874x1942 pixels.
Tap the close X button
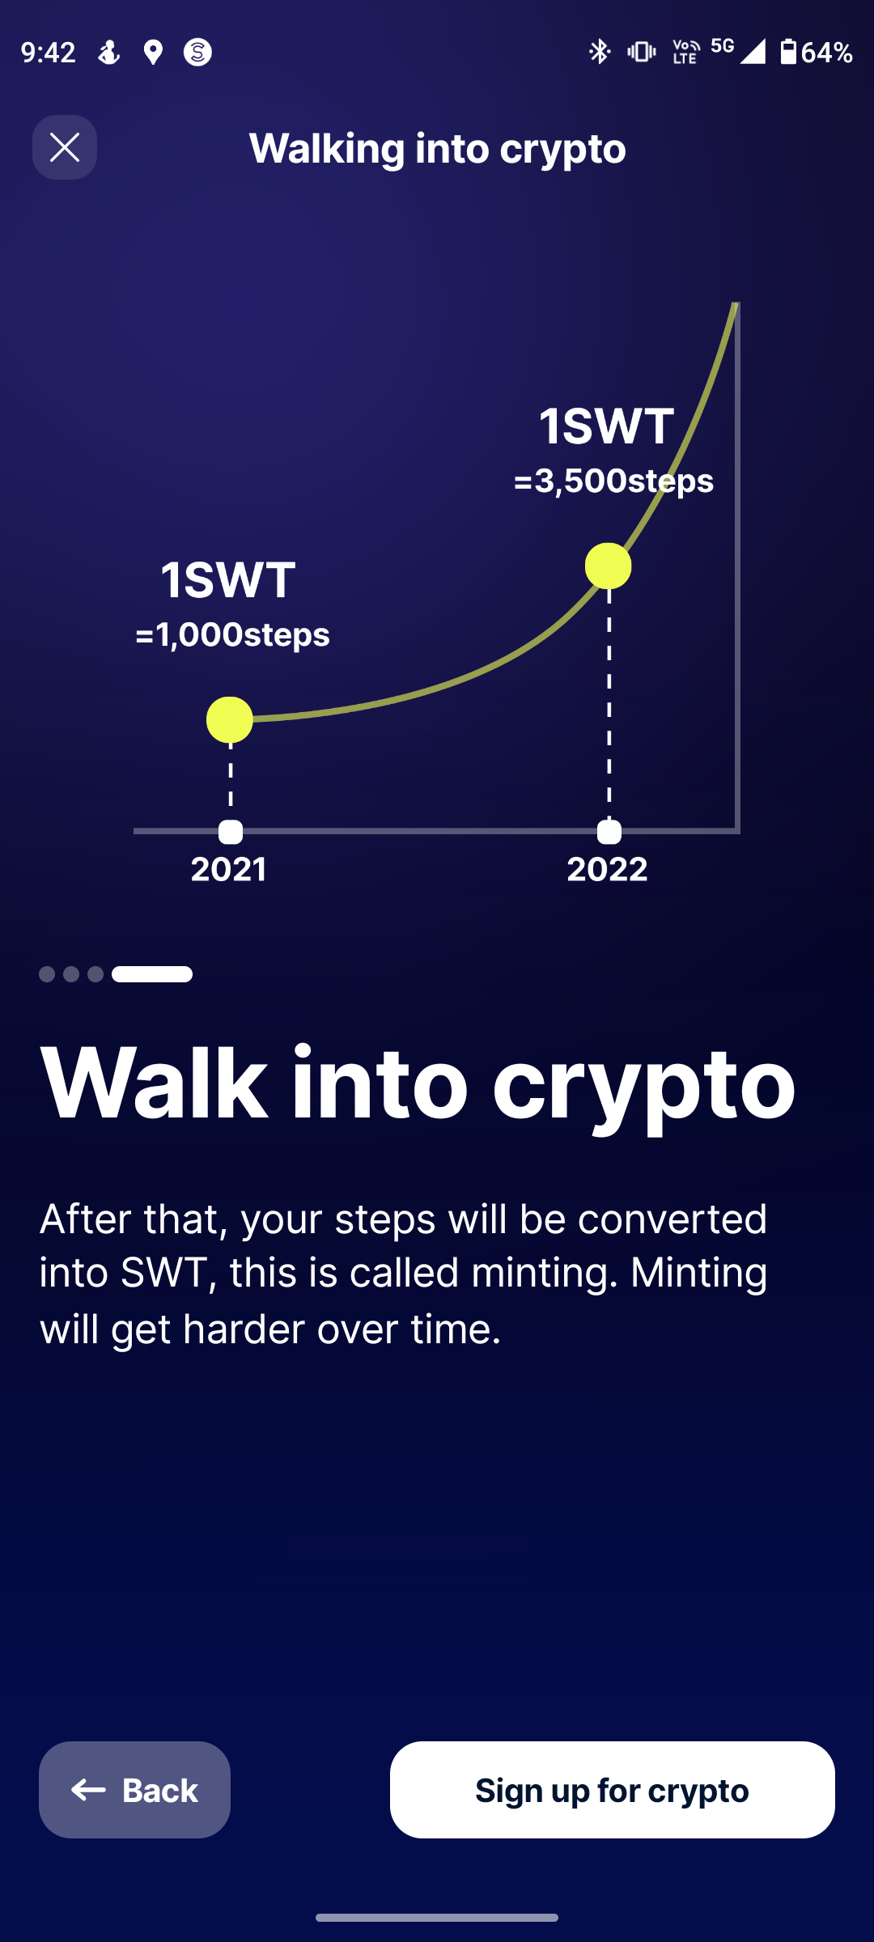coord(65,147)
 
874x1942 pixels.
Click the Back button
coord(134,1790)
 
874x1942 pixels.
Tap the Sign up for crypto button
coord(613,1790)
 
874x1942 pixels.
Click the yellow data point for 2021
coord(230,720)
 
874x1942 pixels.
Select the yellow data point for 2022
coord(609,566)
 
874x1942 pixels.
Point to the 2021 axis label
coord(229,869)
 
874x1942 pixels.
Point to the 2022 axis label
coord(607,869)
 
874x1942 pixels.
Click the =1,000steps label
coord(232,634)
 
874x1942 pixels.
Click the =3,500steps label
coord(613,481)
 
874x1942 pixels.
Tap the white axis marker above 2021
coord(231,832)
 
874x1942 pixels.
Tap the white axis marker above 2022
coord(609,832)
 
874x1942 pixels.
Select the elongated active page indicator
coord(152,974)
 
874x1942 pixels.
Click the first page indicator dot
coord(47,974)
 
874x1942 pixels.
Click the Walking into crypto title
coord(438,149)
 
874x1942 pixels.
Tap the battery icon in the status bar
coord(788,52)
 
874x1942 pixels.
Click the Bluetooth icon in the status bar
coord(600,52)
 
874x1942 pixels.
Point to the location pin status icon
coord(153,53)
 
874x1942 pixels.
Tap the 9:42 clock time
coord(49,53)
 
